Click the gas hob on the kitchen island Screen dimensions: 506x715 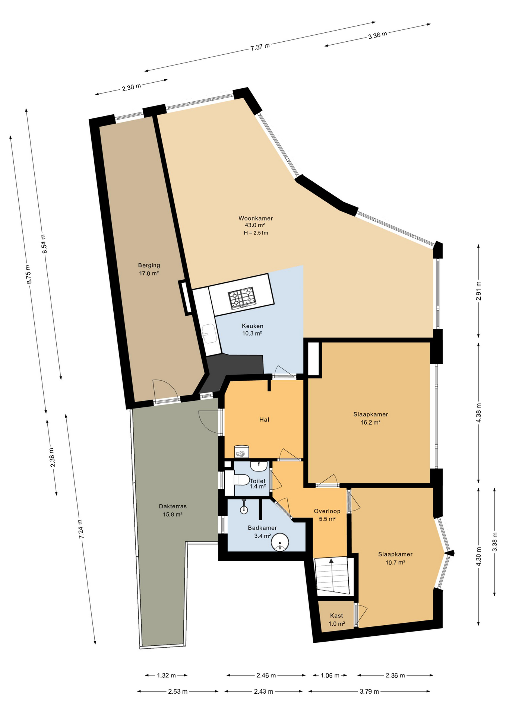click(x=242, y=298)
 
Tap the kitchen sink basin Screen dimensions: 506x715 click(x=209, y=333)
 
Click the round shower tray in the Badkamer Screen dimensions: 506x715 click(x=280, y=542)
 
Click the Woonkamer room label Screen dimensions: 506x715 click(x=256, y=218)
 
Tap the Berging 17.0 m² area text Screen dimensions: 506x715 click(x=149, y=273)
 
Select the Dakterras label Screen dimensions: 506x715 click(x=173, y=506)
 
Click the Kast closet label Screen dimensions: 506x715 click(x=336, y=616)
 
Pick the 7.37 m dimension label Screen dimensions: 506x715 click(x=260, y=47)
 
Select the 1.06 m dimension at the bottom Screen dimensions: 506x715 click(x=330, y=676)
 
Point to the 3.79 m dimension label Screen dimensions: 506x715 click(x=369, y=692)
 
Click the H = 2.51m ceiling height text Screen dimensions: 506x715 click(x=256, y=233)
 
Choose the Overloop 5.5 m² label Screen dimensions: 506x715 click(x=327, y=515)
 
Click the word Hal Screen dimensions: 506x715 click(x=264, y=420)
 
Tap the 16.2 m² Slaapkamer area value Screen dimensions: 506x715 click(x=371, y=423)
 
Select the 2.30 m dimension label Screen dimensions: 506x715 click(x=132, y=88)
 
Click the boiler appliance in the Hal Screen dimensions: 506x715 click(x=241, y=452)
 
